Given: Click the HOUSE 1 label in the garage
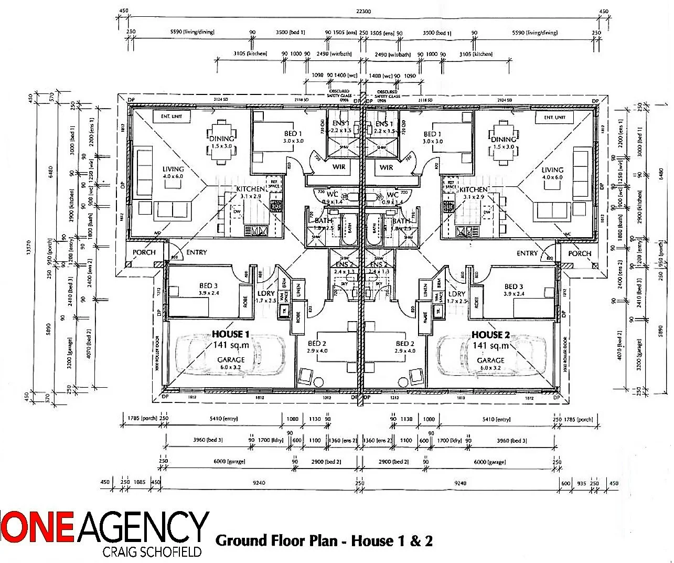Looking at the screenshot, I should coord(231,334).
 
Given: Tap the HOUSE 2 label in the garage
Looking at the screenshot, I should coord(490,335).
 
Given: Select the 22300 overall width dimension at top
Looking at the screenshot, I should coord(363,12).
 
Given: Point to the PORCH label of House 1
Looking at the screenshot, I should coord(144,252).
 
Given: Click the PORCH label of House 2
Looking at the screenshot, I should coord(580,253).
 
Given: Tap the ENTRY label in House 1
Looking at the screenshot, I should coord(197,252).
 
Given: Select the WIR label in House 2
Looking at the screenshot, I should coord(387,167).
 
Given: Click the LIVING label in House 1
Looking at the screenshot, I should coord(173,169).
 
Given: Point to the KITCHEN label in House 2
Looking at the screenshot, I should coord(474,189).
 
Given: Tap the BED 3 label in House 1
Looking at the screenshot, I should coord(208,286).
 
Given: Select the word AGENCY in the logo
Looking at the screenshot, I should coord(143,527).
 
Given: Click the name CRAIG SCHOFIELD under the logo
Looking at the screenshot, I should coord(152,552).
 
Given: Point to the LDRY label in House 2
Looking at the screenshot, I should coord(457,294).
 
